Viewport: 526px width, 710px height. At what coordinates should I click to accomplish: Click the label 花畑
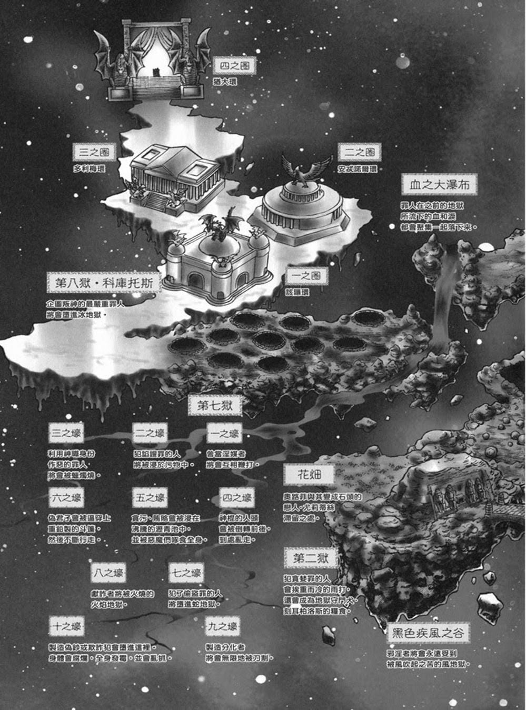point(309,475)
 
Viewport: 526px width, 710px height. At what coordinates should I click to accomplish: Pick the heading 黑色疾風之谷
point(428,633)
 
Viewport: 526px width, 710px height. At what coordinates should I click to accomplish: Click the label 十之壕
point(66,627)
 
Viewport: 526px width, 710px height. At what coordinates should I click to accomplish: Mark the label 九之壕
point(222,627)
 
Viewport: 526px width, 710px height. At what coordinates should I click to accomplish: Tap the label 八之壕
point(108,573)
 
